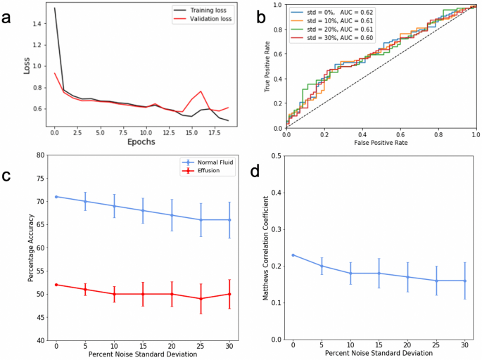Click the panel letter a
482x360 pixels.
coord(9,18)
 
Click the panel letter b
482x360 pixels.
coord(260,18)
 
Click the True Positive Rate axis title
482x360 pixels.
coord(269,67)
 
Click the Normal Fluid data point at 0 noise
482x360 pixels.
coord(56,197)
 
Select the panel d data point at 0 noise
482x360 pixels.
coord(293,255)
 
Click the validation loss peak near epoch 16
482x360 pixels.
coord(201,91)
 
